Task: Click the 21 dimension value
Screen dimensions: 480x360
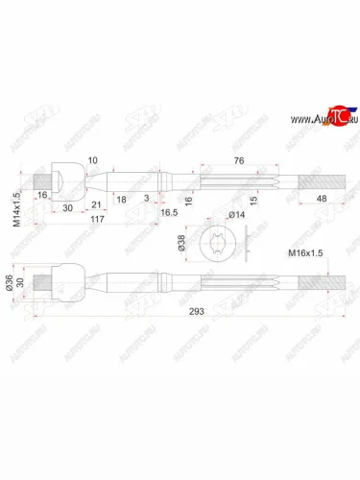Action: pos(98,205)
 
